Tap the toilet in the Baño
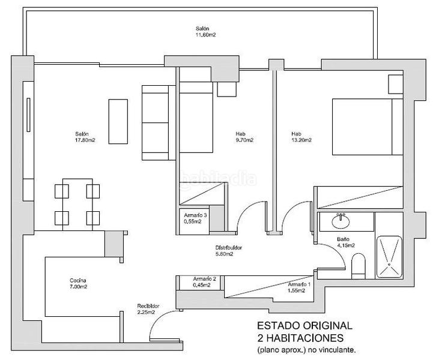[x=359, y=266]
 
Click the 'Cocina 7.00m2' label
[x=78, y=283]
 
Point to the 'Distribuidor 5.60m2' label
[x=229, y=251]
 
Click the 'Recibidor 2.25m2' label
[x=148, y=309]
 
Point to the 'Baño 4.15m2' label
[x=346, y=242]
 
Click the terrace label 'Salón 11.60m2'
[x=206, y=32]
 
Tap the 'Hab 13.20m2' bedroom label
[x=301, y=137]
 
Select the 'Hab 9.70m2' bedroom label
[x=244, y=137]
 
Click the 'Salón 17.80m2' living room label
[x=85, y=137]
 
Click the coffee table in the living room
[x=118, y=121]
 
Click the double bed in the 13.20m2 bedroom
[x=368, y=127]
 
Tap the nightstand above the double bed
[x=396, y=84]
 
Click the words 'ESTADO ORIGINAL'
[x=304, y=325]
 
